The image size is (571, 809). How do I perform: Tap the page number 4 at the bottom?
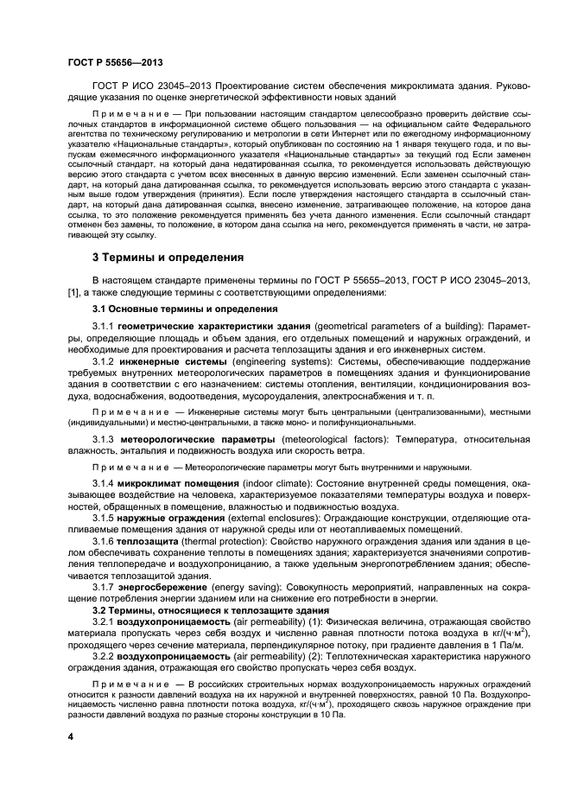point(72,736)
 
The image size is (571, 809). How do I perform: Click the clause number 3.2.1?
point(103,622)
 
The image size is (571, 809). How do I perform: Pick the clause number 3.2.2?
point(103,656)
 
